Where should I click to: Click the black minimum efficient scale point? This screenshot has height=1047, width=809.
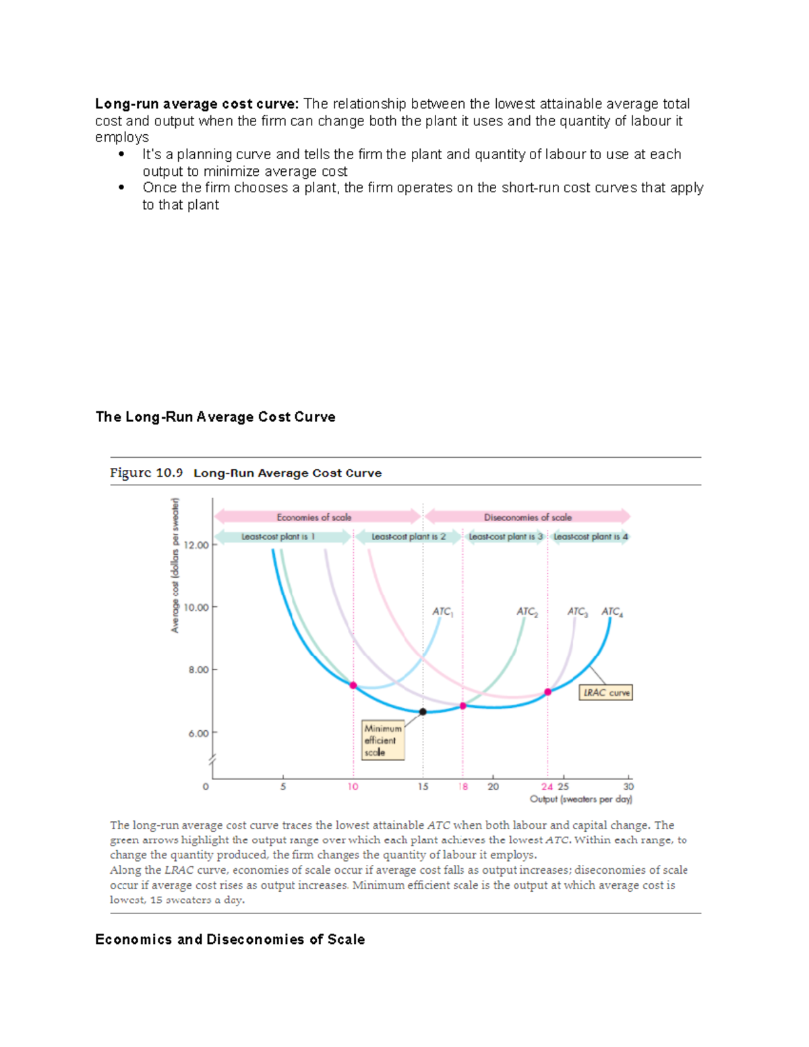[x=423, y=712]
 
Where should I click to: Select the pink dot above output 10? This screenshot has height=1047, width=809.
[x=353, y=686]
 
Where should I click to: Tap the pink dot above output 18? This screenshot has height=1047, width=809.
[x=463, y=706]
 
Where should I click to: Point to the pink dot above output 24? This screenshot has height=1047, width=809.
[x=548, y=692]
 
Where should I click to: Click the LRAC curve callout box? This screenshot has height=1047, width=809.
[x=606, y=692]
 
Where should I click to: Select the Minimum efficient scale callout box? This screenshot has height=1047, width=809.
[x=383, y=740]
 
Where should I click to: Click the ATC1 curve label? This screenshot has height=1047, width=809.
[x=442, y=611]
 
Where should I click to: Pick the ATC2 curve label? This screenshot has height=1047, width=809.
[x=527, y=611]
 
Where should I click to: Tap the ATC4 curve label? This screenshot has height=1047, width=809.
[x=612, y=611]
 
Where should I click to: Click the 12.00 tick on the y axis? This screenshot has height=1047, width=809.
[x=198, y=545]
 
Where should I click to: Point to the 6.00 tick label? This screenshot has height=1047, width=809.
[x=198, y=733]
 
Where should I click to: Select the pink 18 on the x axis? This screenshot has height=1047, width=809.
[x=463, y=787]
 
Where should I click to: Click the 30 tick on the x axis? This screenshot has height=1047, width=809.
[x=628, y=787]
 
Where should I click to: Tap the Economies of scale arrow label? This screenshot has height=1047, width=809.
[x=314, y=517]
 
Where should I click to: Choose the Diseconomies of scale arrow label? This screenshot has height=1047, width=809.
[x=528, y=517]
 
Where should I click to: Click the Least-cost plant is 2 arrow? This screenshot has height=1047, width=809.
[x=409, y=537]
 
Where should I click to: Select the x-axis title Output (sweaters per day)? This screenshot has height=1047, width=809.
[x=580, y=799]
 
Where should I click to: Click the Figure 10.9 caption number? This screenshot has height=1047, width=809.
[x=146, y=473]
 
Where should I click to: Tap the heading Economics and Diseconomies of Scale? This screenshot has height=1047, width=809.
[x=230, y=939]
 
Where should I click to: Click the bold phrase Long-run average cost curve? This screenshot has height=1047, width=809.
[x=196, y=104]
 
